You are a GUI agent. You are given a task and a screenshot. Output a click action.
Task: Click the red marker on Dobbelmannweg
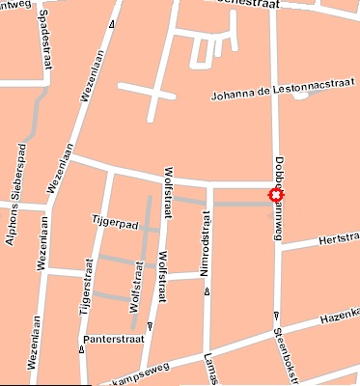[x=277, y=198]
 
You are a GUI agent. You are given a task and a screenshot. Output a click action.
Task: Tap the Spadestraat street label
[x=46, y=45]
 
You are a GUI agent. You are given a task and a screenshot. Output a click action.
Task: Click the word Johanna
[x=236, y=95]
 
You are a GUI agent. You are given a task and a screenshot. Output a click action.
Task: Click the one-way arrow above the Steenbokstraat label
[x=276, y=315]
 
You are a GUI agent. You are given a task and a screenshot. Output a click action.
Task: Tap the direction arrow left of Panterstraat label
[x=81, y=349]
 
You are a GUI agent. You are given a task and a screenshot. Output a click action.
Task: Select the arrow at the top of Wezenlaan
[x=113, y=25]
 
